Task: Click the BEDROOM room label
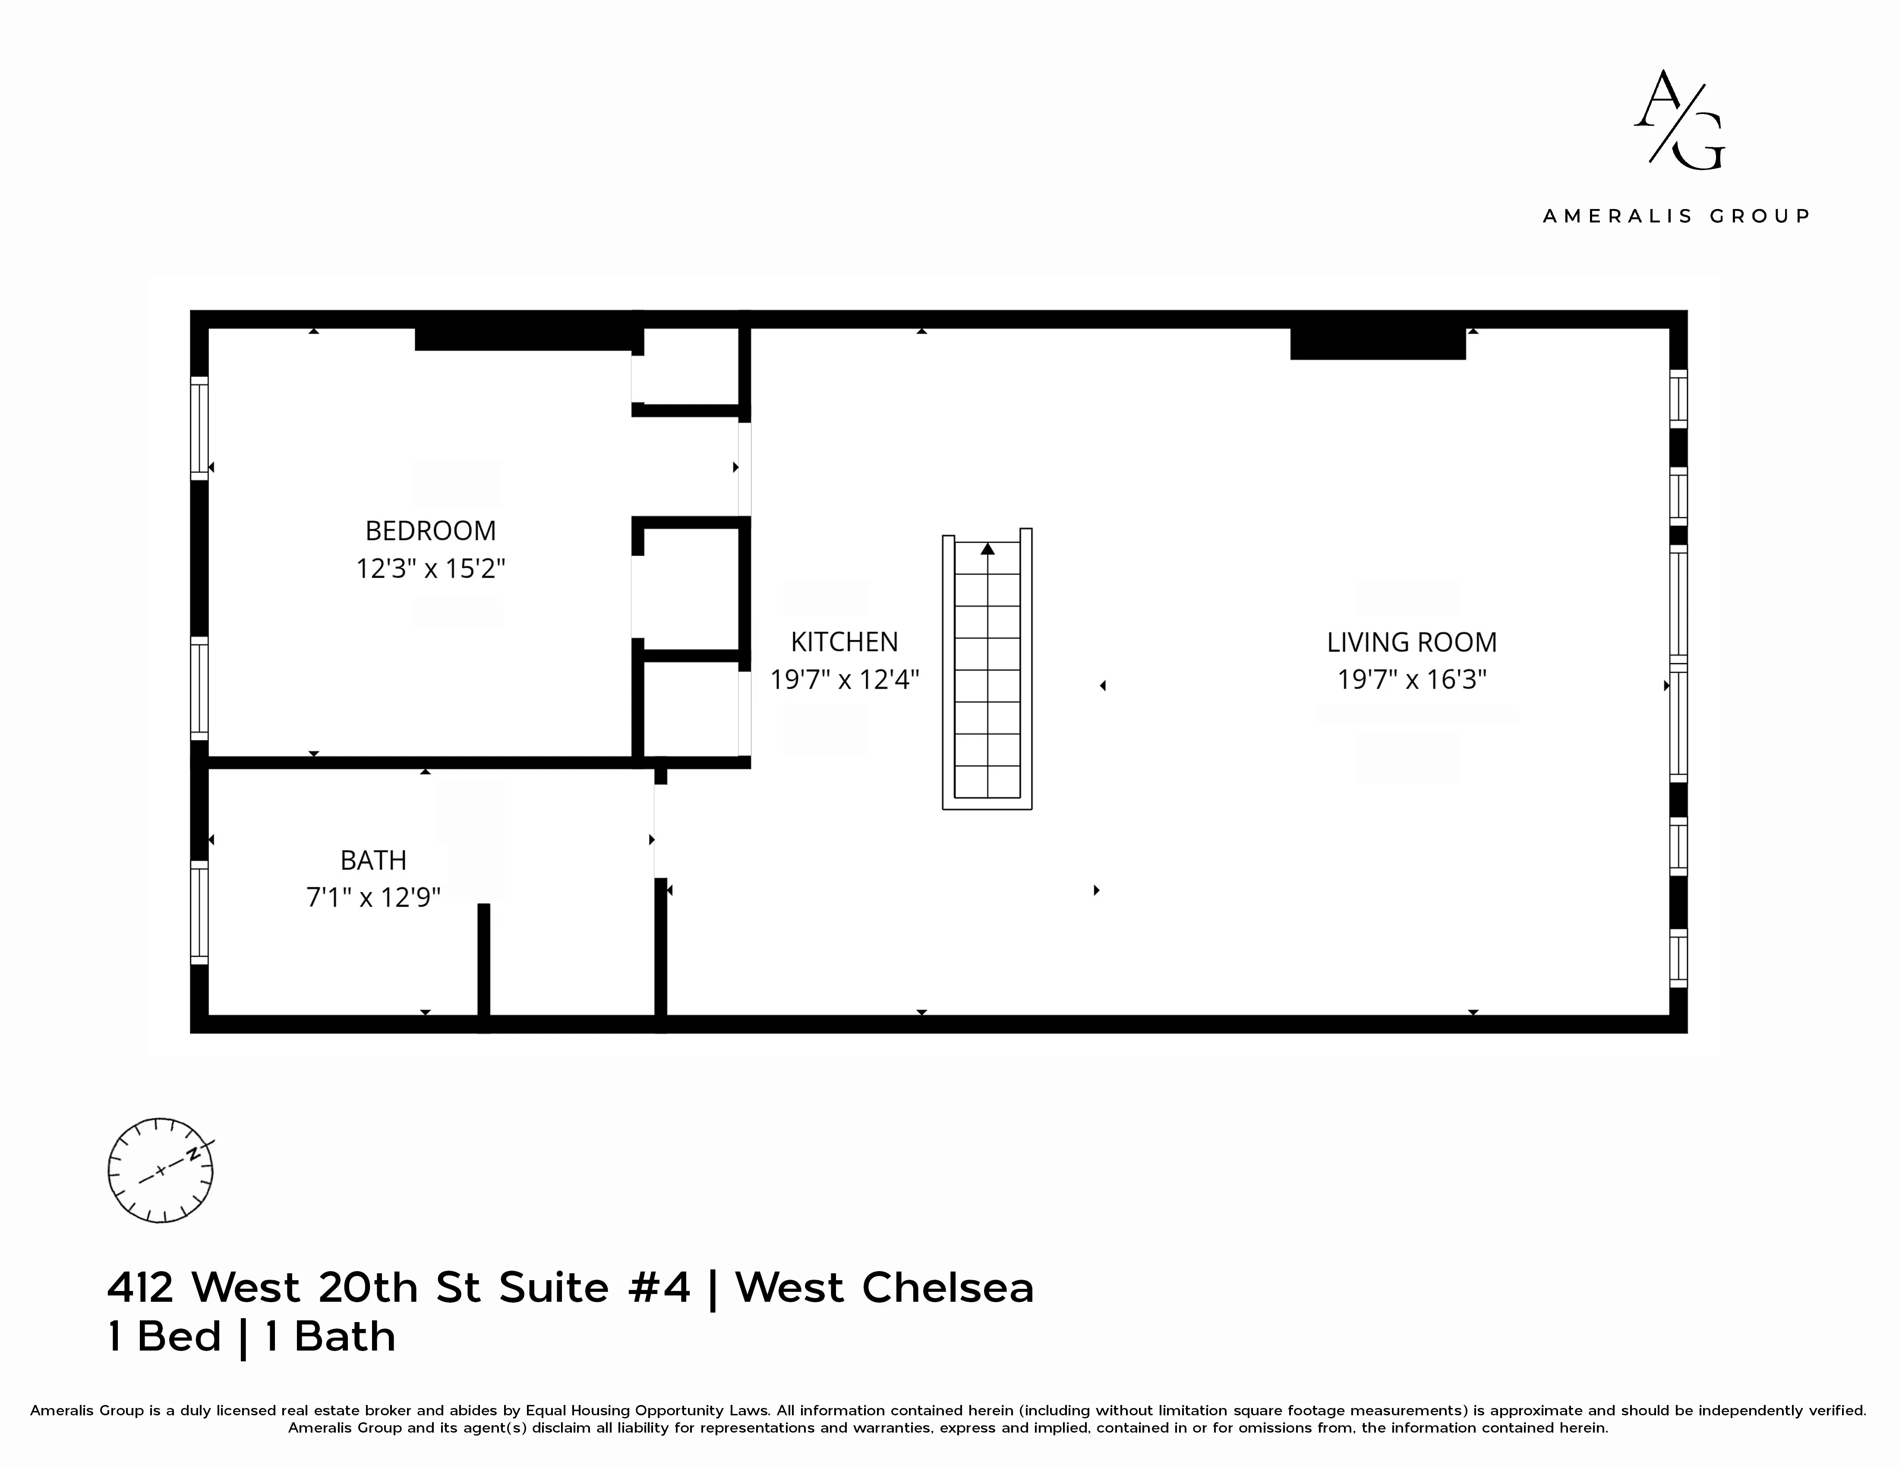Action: coord(430,531)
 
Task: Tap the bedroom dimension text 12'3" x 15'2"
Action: coord(430,569)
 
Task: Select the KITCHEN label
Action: coord(843,642)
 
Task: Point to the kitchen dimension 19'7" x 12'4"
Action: coord(843,679)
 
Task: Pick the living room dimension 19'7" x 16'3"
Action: coord(1411,679)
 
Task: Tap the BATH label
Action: coord(373,860)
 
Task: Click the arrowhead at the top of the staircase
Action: coord(987,549)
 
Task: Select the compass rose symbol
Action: coord(160,1171)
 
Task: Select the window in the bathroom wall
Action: coord(199,912)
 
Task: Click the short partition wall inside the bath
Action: coord(483,961)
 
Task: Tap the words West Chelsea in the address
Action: coord(884,1288)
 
